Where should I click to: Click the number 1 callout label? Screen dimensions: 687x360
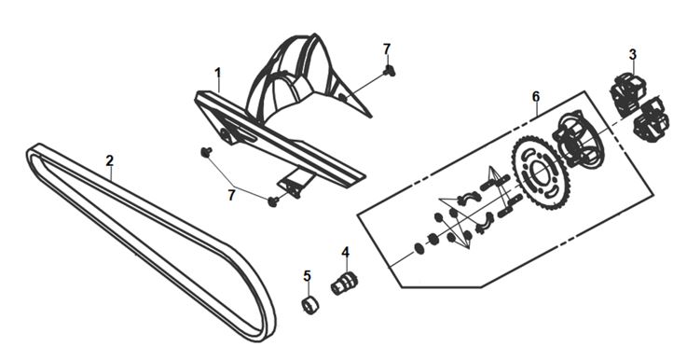point(218,74)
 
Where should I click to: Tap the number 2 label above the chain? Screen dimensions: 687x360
point(110,160)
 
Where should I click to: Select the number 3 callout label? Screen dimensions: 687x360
point(632,54)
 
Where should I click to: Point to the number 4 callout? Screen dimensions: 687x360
point(346,252)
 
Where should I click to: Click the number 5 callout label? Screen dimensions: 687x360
point(307,276)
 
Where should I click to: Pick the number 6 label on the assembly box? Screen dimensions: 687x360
point(536,96)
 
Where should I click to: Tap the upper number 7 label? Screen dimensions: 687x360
point(387,49)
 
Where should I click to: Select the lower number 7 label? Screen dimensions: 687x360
point(231,195)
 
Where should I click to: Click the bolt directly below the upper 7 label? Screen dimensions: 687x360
point(389,70)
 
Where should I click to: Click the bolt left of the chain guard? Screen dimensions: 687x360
point(206,152)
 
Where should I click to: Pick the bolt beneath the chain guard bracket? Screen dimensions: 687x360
point(273,201)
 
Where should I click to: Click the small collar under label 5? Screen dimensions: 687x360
point(310,305)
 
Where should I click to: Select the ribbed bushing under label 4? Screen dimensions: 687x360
point(344,284)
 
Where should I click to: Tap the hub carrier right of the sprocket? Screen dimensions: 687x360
point(577,140)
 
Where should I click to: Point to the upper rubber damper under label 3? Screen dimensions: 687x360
point(628,94)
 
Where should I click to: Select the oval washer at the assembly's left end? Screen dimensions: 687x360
point(419,248)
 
